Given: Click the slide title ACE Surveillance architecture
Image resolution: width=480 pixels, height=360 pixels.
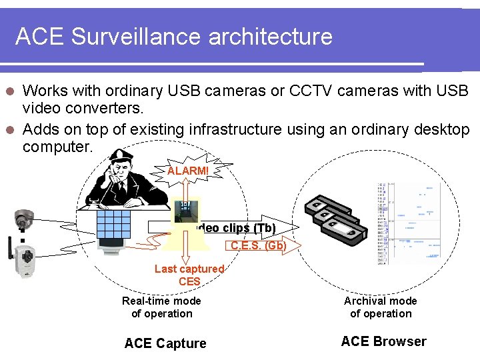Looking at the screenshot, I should (x=173, y=36).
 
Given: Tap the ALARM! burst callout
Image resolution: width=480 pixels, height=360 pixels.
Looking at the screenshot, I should (x=187, y=171).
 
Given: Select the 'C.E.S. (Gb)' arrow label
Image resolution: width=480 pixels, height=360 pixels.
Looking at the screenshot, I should (x=258, y=245).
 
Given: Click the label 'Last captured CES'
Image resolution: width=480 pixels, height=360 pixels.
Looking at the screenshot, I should (x=189, y=275).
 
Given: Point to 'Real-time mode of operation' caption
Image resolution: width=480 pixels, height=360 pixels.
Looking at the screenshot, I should (x=161, y=307).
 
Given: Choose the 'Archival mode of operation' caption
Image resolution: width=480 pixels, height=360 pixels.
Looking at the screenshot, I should (x=381, y=307).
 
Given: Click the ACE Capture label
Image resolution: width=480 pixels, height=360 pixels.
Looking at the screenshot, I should (x=165, y=343).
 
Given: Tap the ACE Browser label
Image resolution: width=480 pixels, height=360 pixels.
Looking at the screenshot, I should (x=383, y=341).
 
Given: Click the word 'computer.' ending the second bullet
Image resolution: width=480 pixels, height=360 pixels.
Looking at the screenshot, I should (x=57, y=147).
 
